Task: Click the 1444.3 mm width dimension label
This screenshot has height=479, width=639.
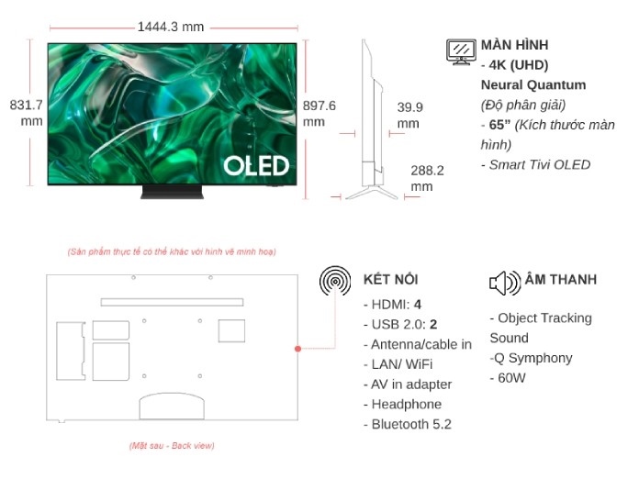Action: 171,27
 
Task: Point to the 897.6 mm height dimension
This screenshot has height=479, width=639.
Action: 319,113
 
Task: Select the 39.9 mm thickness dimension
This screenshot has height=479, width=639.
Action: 409,115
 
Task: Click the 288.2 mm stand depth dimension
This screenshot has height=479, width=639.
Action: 427,178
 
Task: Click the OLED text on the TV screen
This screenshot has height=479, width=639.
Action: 256,166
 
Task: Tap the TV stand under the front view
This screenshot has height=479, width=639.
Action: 171,192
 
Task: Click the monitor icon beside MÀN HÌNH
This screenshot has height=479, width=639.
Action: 461,51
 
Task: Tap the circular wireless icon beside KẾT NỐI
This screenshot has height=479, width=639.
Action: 335,282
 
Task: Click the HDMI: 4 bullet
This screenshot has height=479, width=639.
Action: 396,304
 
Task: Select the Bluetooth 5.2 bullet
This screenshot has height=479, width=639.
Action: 411,424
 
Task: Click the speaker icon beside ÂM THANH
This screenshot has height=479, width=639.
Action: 505,282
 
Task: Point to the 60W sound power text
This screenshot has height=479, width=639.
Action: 511,377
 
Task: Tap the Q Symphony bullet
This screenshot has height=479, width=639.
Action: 534,358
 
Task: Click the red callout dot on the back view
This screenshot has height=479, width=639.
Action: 298,349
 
